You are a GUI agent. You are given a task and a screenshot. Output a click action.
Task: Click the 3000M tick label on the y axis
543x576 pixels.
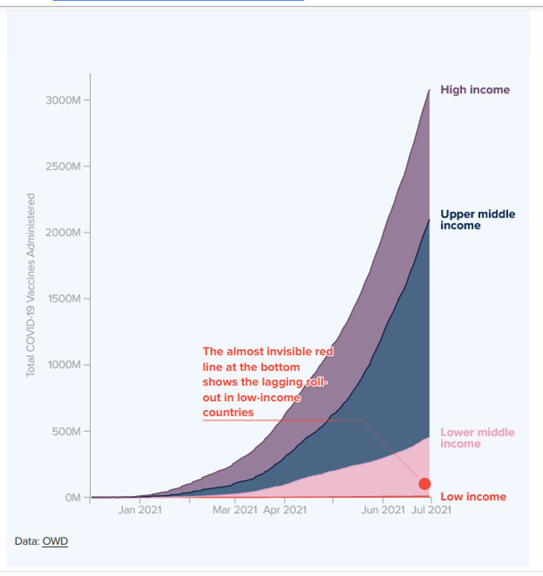pos(63,100)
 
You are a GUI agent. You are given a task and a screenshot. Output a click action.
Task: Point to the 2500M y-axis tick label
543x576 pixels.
pos(63,166)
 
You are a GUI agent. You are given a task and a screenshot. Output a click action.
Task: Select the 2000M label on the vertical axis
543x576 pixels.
pos(63,233)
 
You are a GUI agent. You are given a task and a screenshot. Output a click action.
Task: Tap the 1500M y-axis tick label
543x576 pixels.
pos(63,299)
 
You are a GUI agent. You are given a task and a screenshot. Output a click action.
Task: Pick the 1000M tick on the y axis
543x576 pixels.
pos(63,365)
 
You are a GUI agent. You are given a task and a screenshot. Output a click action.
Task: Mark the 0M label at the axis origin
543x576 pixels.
pos(73,497)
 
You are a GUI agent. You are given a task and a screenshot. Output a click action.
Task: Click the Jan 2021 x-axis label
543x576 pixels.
pos(139,510)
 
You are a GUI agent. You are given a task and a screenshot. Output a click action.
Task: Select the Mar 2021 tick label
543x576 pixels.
pos(235,510)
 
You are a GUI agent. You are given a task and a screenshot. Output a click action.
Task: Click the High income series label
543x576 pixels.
pos(475,90)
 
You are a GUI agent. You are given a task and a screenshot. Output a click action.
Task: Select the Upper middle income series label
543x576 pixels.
pos(478,220)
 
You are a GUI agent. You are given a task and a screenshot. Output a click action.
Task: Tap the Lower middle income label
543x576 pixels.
pos(477,438)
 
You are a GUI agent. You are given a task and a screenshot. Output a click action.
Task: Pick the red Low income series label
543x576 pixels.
pos(473,497)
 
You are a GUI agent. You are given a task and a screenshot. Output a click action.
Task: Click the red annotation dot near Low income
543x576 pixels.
pos(425,484)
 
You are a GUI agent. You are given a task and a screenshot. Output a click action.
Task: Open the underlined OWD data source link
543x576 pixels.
pos(55,541)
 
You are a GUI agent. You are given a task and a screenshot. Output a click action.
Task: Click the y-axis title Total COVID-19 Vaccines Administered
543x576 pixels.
pos(31,285)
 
